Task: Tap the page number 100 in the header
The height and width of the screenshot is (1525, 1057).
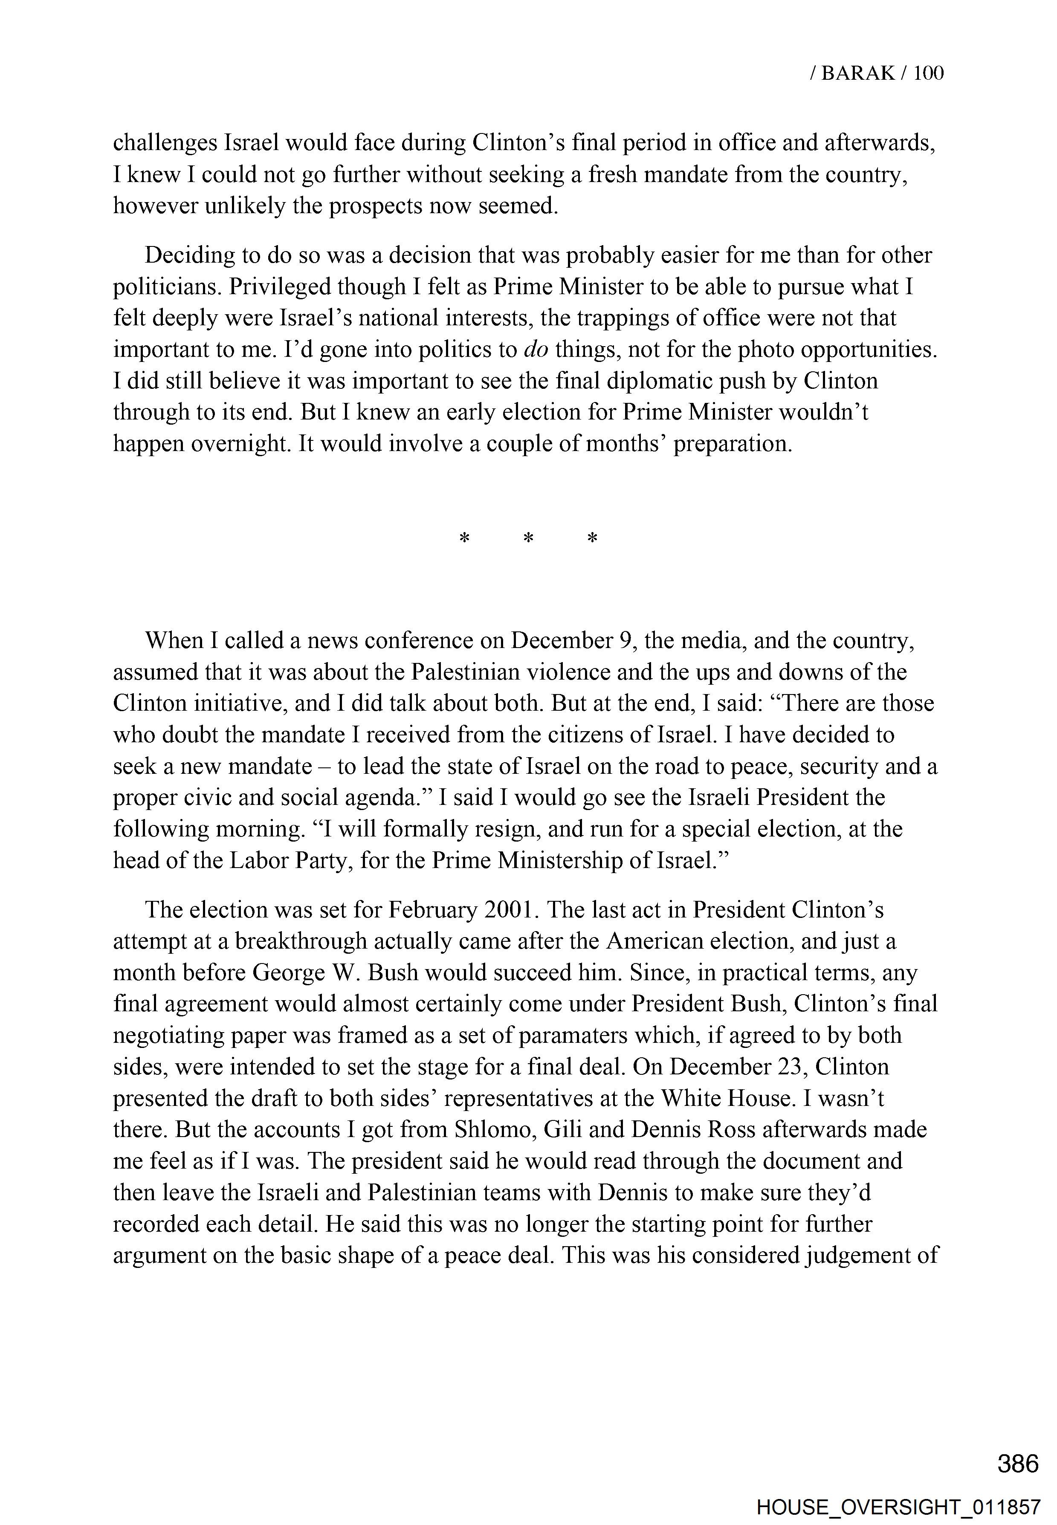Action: tap(929, 73)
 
